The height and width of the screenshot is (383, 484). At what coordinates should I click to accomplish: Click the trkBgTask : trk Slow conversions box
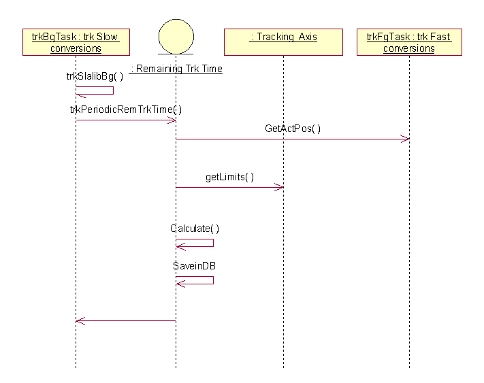click(x=76, y=42)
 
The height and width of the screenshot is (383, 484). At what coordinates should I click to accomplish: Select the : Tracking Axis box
click(x=283, y=42)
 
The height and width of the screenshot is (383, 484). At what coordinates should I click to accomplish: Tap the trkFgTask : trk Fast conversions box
click(x=409, y=42)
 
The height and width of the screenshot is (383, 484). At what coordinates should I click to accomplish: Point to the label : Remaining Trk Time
click(x=177, y=69)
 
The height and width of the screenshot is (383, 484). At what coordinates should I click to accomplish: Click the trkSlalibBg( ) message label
click(x=95, y=76)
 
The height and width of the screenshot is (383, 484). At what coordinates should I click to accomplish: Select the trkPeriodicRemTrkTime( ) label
click(x=126, y=109)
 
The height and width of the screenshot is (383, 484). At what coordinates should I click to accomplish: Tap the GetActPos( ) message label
click(x=293, y=128)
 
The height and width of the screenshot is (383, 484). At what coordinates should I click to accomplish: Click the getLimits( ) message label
click(x=229, y=177)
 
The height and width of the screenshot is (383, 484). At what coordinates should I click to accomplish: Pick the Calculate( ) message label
click(x=195, y=229)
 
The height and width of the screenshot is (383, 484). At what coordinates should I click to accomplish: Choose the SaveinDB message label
click(x=194, y=265)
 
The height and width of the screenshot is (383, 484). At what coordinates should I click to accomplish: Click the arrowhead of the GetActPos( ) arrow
click(x=406, y=139)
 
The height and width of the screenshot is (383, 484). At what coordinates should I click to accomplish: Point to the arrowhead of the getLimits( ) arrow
click(x=280, y=187)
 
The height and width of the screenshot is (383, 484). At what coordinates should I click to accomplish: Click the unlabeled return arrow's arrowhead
click(x=79, y=320)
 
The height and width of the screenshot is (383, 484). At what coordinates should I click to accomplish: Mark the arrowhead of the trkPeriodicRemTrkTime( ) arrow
click(x=173, y=120)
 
